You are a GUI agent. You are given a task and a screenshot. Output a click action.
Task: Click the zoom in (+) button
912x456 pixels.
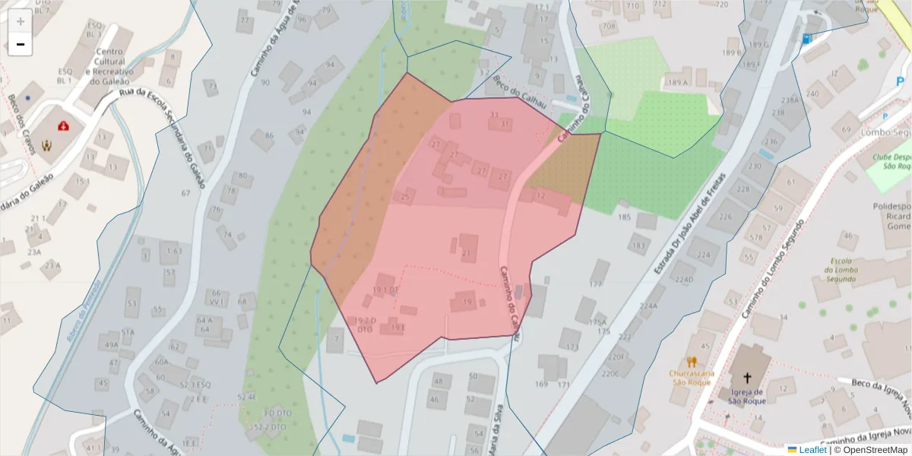[x=21, y=21]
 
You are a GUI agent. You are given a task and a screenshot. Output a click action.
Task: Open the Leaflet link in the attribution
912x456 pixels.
[x=812, y=450]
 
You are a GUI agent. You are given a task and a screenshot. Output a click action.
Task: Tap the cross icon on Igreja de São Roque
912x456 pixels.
[x=747, y=377]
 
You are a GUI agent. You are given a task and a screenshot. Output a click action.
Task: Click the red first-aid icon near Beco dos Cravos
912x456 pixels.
[x=65, y=125]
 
